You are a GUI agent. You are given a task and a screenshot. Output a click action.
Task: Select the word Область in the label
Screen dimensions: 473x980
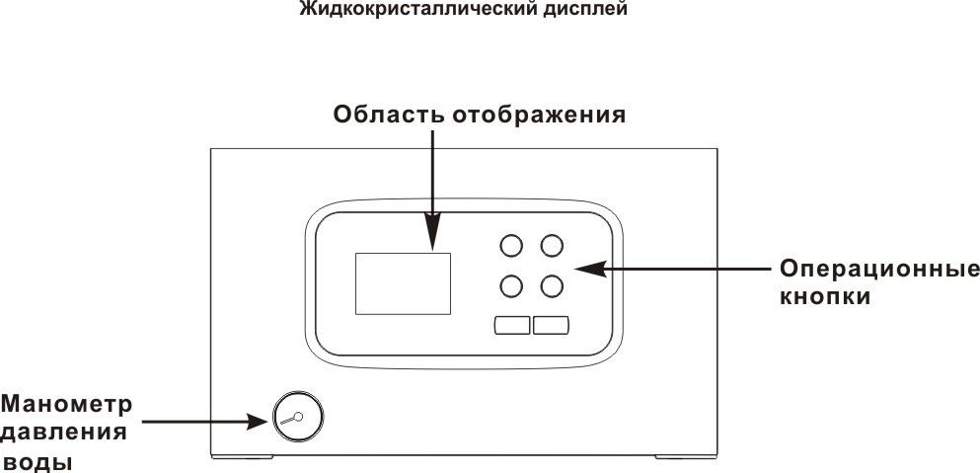pos(389,115)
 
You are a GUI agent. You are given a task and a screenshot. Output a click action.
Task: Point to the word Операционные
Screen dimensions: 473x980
pos(879,269)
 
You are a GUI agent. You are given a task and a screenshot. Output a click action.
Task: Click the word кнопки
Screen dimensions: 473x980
pos(824,296)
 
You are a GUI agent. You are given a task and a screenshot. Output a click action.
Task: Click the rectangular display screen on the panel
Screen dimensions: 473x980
pos(402,283)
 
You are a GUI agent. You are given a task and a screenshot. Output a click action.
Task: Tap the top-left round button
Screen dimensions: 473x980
pos(511,245)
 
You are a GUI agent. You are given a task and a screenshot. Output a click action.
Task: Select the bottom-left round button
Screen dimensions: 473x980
pos(511,286)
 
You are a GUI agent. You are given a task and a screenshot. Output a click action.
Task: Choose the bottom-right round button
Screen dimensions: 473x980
pos(551,286)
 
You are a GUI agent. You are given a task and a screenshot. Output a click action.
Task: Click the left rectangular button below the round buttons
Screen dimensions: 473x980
pos(511,325)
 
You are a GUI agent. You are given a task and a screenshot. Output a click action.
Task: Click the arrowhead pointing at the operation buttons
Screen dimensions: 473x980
pos(583,268)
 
